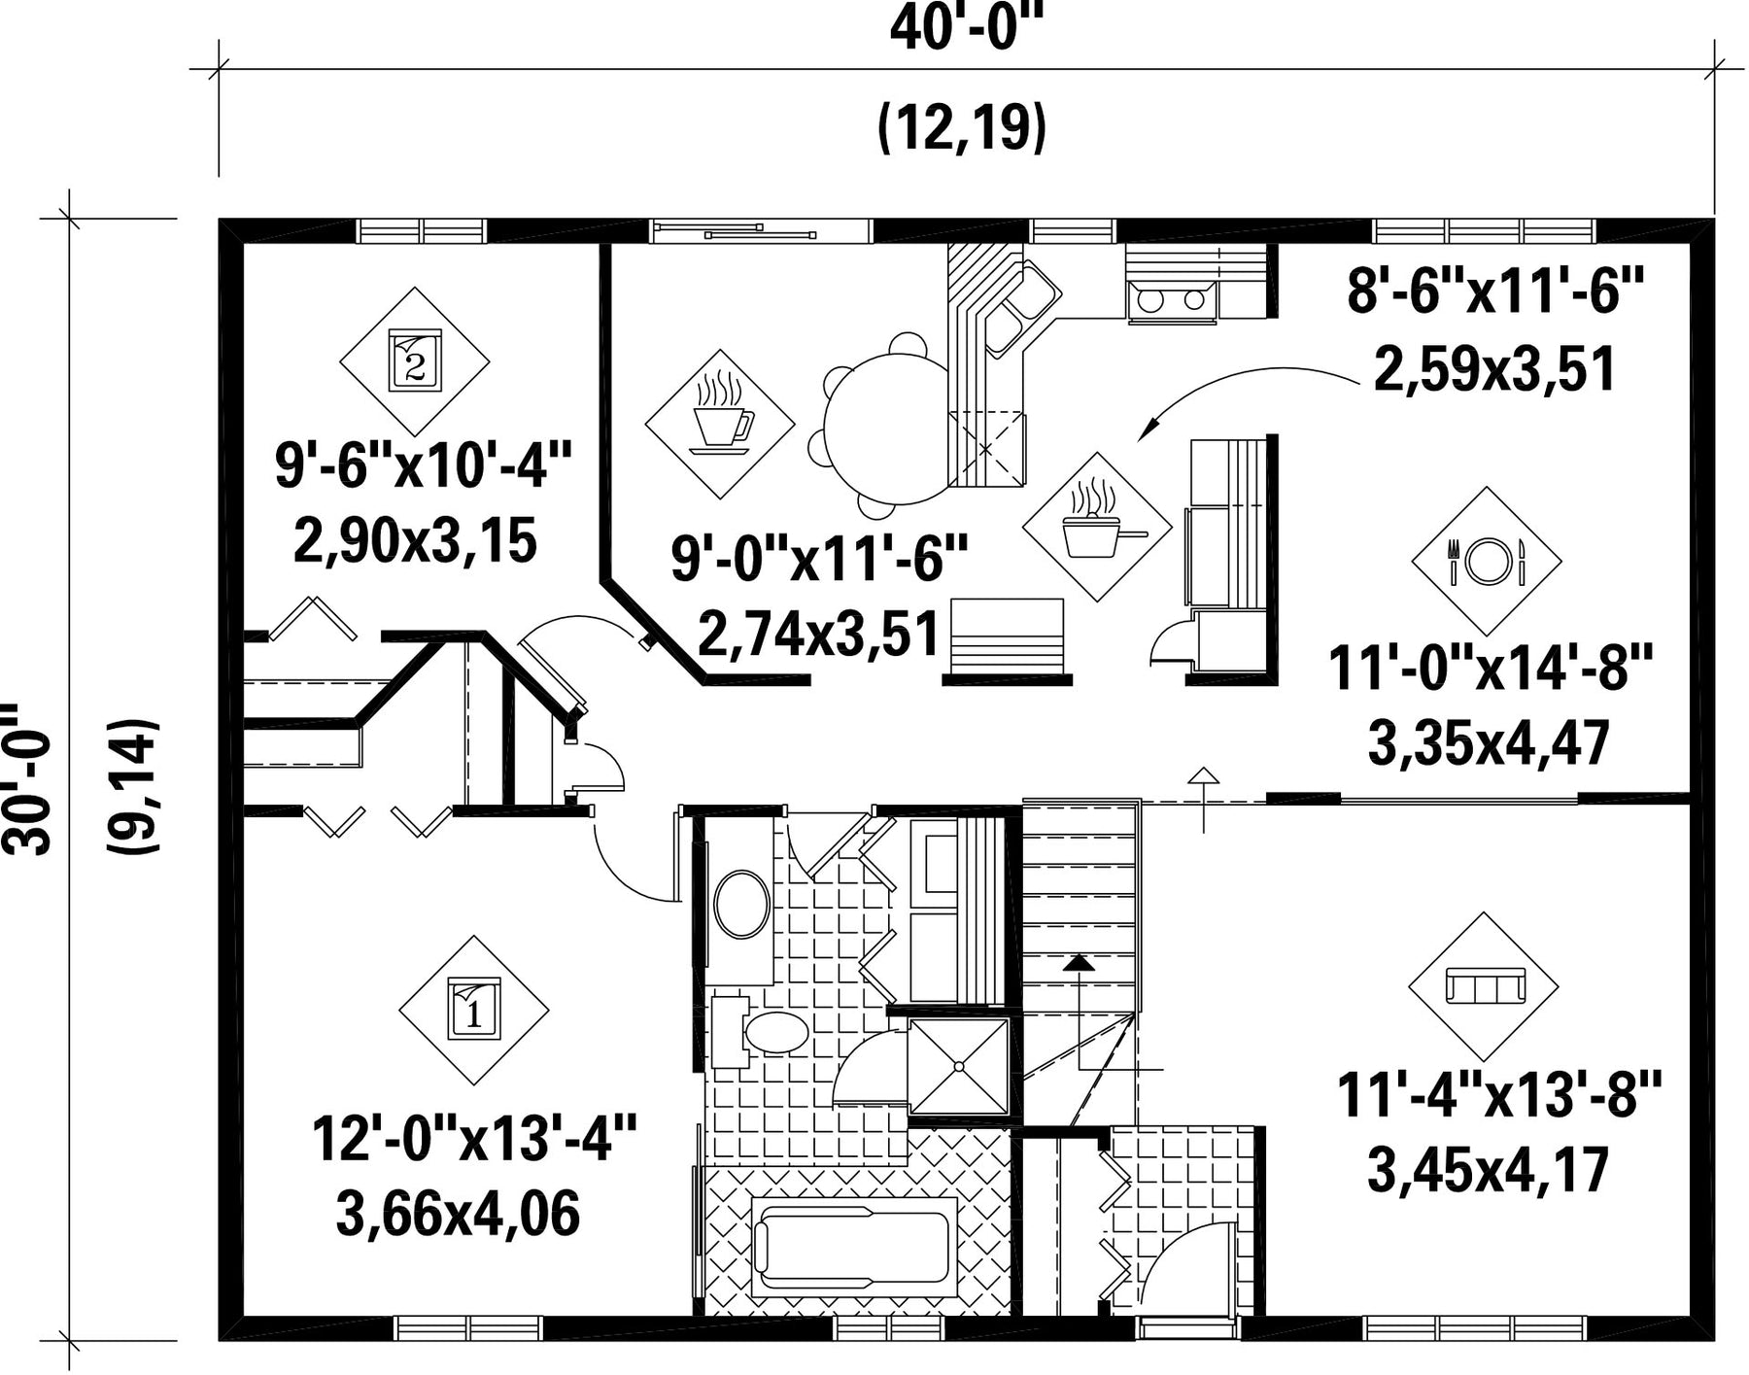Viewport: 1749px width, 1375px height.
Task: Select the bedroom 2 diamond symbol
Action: point(415,361)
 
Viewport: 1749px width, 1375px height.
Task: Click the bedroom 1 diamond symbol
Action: point(474,1011)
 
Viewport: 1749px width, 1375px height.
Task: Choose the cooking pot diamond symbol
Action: point(1098,528)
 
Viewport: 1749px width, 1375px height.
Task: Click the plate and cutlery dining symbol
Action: point(1487,561)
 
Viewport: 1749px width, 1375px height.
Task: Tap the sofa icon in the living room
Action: point(1484,986)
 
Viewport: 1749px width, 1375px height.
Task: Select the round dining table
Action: point(885,429)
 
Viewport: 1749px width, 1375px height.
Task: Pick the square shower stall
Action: point(959,1066)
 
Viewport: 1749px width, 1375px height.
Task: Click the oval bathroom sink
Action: point(742,905)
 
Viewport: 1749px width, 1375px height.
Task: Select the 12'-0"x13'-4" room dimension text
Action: point(473,1138)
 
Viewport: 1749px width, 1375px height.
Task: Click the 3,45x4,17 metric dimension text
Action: point(1489,1170)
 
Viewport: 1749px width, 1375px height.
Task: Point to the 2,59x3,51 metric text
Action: point(1494,370)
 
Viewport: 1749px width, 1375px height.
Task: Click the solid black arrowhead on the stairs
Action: point(1078,962)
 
